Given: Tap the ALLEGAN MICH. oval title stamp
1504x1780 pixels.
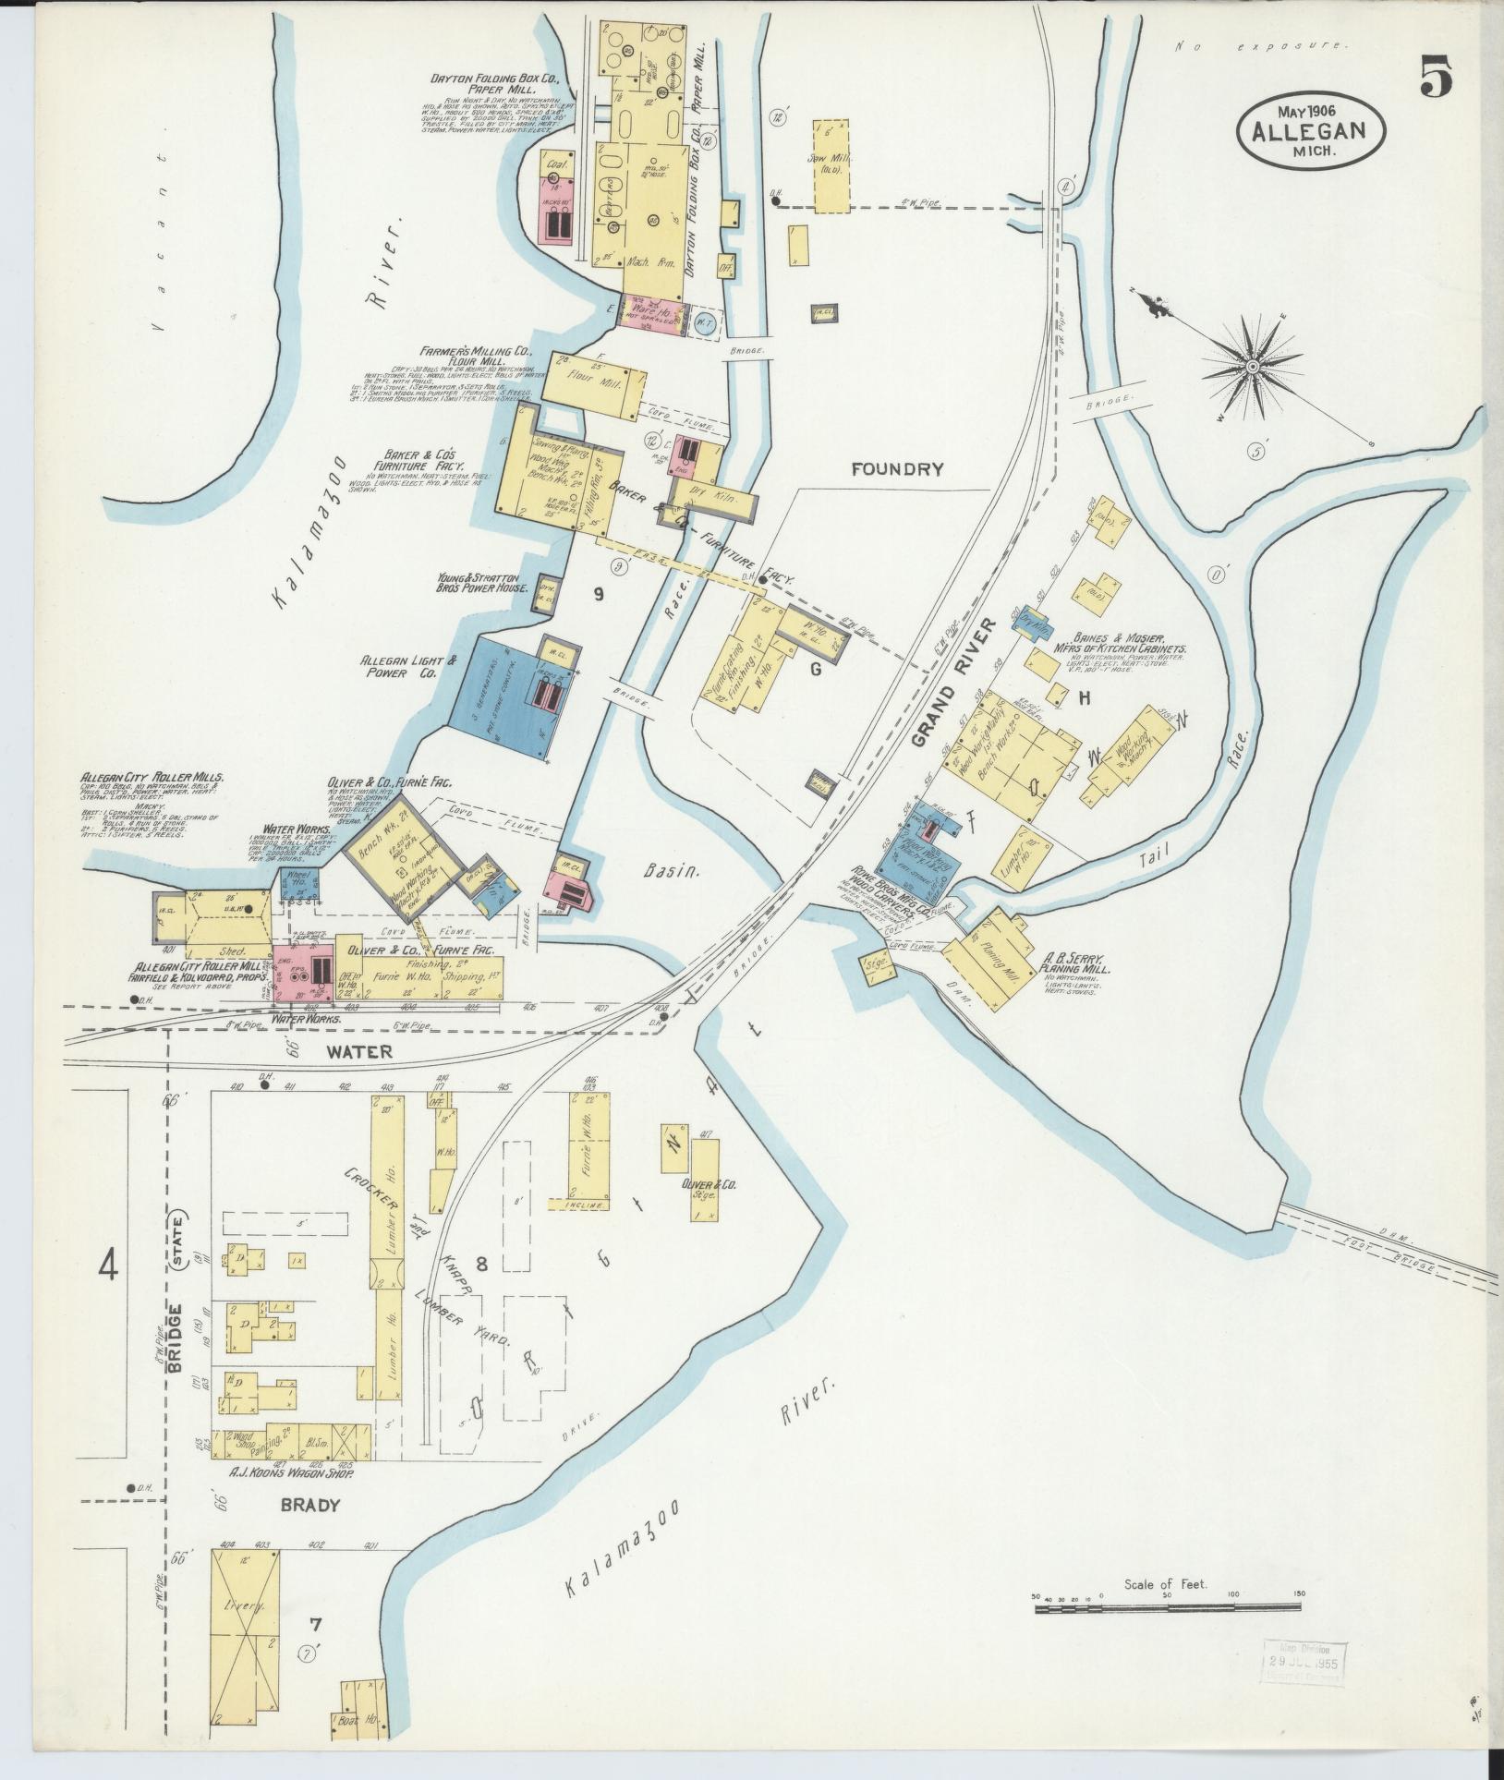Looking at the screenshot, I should click(x=1311, y=132).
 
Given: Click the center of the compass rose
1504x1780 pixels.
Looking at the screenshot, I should click(x=1252, y=368).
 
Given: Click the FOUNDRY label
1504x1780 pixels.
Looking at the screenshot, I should click(x=897, y=468).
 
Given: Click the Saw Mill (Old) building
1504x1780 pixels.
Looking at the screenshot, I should click(x=831, y=167).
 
